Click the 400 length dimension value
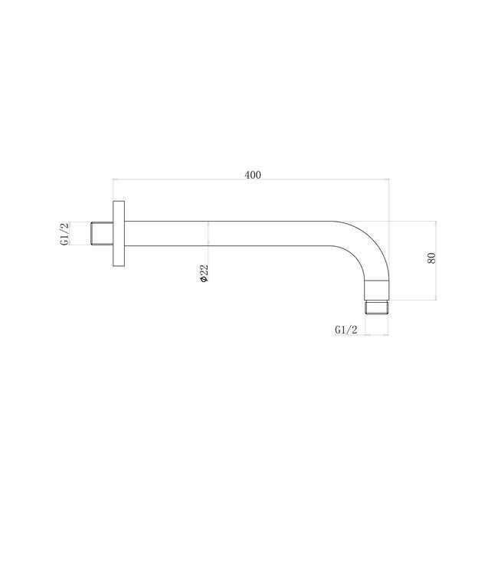pyautogui.click(x=253, y=175)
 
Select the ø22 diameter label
pyautogui.click(x=204, y=272)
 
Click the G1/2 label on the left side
pyautogui.click(x=65, y=234)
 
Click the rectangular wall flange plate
pyautogui.click(x=119, y=234)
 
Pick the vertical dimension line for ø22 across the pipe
pyautogui.click(x=208, y=234)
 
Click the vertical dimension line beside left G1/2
pyautogui.click(x=72, y=234)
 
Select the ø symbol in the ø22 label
pyautogui.click(x=204, y=281)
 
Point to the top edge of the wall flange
pyautogui.click(x=119, y=202)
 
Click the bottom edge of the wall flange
pyautogui.click(x=119, y=265)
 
